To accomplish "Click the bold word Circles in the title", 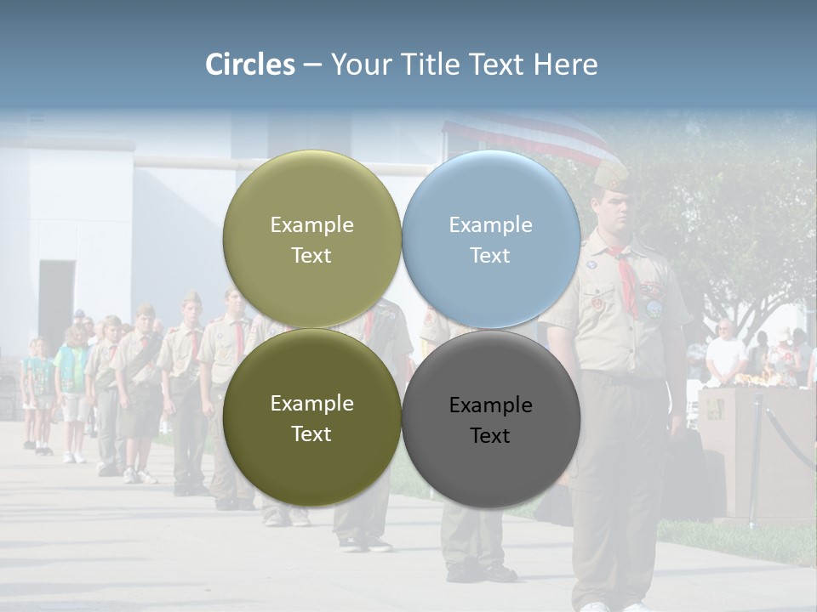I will [x=250, y=65].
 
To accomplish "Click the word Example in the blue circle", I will [x=491, y=225].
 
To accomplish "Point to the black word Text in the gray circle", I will [x=490, y=436].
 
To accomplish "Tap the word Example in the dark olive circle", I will [x=311, y=404].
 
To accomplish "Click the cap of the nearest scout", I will [x=611, y=176].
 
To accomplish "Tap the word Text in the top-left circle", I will [x=311, y=256].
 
